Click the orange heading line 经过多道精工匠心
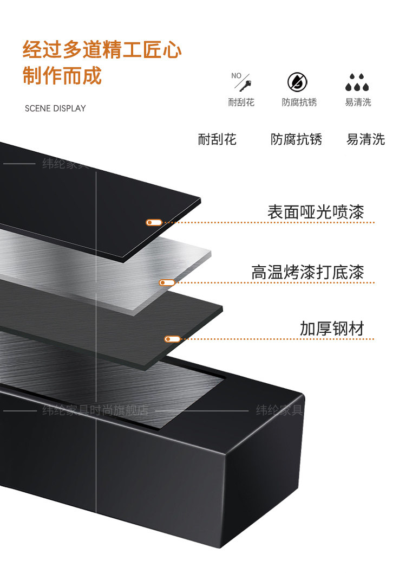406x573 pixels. pos(102,50)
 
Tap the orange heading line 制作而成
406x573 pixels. pos(62,75)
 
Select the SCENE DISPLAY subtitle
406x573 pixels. pos(55,108)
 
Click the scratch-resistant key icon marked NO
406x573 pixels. pos(241,82)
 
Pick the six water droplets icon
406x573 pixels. pos(358,82)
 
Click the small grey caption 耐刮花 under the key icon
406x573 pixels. pos(241,102)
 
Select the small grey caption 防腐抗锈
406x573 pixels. pos(299,102)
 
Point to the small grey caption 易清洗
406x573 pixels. pos(358,102)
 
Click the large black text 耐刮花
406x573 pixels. pos(217,139)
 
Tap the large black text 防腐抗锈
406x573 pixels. pos(296,139)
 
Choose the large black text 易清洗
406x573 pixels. pos(365,139)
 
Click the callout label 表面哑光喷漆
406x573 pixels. pos(315,211)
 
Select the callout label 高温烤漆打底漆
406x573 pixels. pos(307,272)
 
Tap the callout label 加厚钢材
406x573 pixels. pos(332,329)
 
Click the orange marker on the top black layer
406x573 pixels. pos(154,222)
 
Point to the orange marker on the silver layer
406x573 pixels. pos(167,282)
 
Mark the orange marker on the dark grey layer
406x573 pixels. pos(172,339)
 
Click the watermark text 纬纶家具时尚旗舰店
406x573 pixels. pos(95,410)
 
